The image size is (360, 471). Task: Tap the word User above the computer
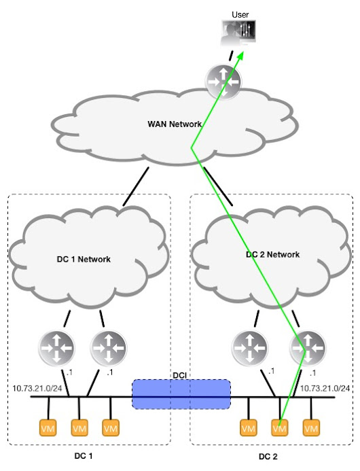[240, 14]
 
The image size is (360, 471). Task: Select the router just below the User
[222, 80]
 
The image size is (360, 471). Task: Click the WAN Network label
[175, 124]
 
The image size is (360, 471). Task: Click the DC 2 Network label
[272, 254]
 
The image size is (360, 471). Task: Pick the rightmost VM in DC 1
[111, 429]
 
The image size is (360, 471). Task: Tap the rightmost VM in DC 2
[311, 429]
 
